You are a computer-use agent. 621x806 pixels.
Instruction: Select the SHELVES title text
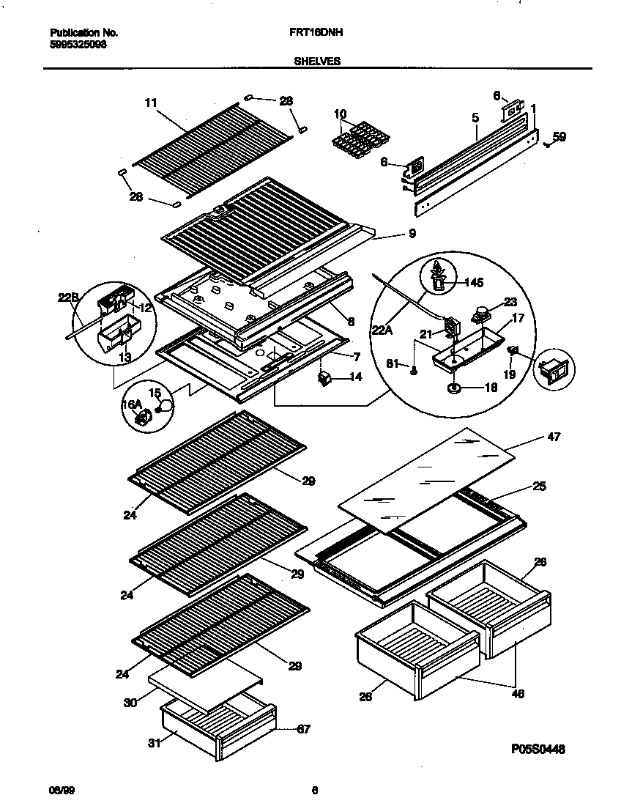317,62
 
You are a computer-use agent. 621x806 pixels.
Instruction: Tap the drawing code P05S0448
538,749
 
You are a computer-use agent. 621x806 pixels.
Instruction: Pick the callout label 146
474,281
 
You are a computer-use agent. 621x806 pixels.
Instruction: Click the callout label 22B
68,297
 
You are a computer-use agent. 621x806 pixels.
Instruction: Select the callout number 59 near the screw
559,136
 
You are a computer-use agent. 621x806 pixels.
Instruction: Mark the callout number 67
302,729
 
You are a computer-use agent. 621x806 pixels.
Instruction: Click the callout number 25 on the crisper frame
539,486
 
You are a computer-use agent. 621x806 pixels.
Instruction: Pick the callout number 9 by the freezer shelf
412,234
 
